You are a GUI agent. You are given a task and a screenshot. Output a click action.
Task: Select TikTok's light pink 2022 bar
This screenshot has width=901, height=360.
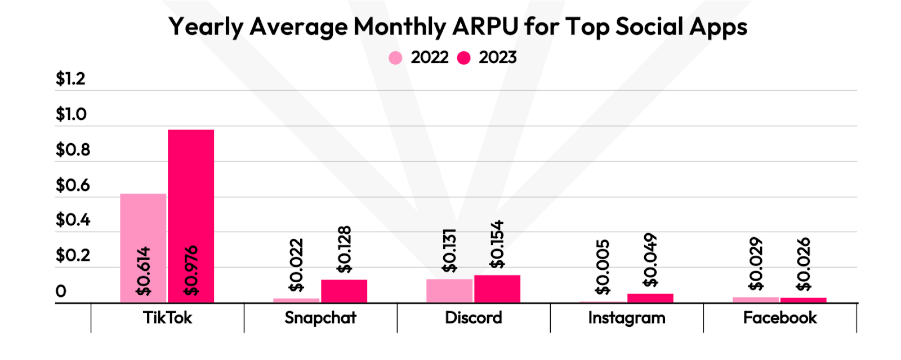[143, 248]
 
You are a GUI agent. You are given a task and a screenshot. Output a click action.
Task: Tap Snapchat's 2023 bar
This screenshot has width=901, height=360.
[344, 291]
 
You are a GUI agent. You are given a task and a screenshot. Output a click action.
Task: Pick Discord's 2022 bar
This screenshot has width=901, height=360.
[449, 291]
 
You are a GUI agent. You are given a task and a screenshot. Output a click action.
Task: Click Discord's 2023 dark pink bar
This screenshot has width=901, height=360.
[497, 289]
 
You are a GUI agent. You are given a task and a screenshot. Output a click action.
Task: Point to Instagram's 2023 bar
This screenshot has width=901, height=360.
[650, 298]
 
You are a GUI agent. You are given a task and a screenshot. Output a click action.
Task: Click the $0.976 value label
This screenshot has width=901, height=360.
[191, 270]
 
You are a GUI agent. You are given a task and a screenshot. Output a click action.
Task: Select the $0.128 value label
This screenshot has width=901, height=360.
[344, 250]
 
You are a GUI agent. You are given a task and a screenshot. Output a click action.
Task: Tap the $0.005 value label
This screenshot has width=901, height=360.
[603, 266]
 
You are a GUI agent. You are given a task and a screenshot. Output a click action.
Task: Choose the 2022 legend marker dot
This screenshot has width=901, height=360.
[396, 58]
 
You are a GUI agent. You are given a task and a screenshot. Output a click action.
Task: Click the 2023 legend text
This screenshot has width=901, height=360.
[497, 57]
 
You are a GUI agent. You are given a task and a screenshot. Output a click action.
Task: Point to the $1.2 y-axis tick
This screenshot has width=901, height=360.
[70, 79]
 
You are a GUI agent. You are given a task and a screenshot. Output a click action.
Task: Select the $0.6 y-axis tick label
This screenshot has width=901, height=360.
[73, 185]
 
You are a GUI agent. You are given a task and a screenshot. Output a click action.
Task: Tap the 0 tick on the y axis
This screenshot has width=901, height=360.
[61, 291]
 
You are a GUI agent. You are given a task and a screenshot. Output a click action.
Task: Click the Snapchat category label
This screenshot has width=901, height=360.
[320, 318]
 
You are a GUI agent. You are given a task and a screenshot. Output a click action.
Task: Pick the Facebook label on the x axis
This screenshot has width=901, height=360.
[779, 318]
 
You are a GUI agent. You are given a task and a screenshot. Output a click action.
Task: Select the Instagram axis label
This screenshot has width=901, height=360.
[626, 318]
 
